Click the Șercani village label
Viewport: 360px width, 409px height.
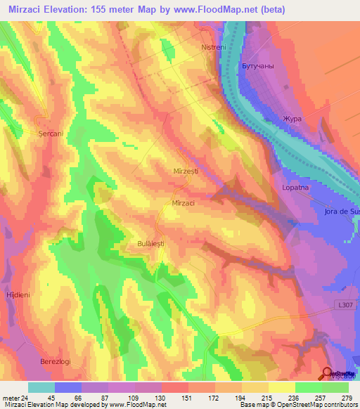pyautogui.click(x=51, y=132)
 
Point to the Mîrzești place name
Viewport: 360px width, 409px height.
pyautogui.click(x=186, y=171)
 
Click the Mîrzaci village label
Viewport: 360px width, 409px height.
pyautogui.click(x=183, y=202)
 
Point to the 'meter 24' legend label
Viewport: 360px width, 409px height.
pyautogui.click(x=14, y=396)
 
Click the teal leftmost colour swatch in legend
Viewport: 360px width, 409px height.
pyautogui.click(x=41, y=387)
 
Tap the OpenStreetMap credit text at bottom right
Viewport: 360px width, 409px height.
pyautogui.click(x=324, y=405)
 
